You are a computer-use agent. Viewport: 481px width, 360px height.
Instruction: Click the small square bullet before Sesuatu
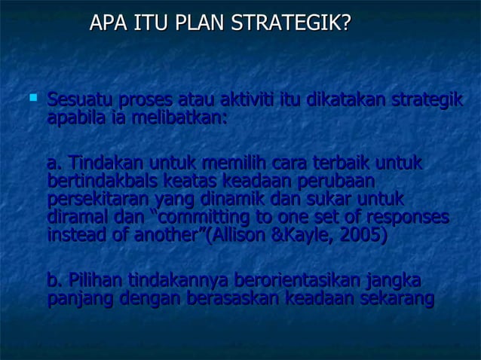coord(32,97)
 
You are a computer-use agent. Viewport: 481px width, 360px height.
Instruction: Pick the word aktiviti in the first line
coord(247,100)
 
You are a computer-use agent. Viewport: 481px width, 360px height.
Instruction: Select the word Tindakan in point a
coord(105,164)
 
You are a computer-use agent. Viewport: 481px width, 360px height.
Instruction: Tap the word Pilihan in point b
coord(96,282)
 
